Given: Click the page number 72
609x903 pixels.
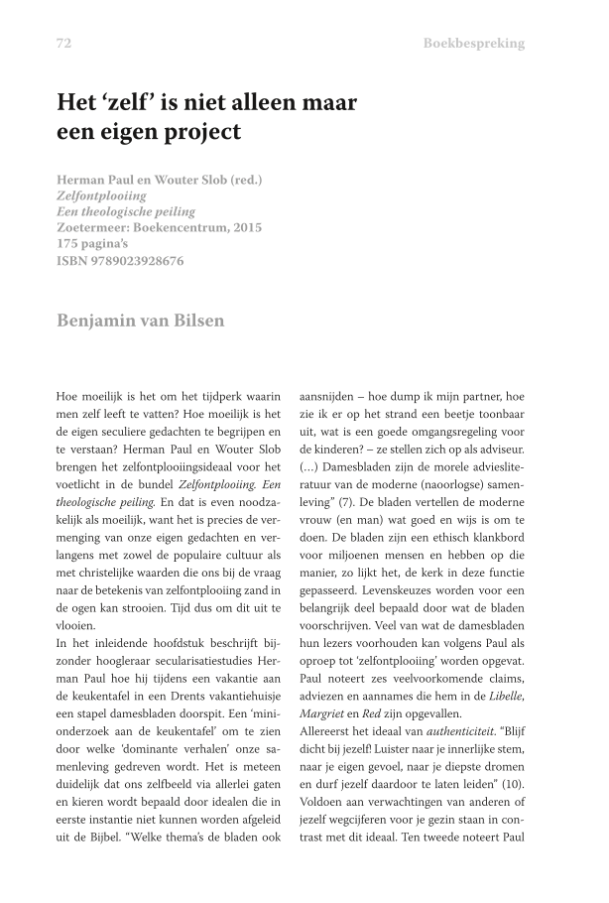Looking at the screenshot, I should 64,44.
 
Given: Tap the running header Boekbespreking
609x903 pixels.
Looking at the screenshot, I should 473,44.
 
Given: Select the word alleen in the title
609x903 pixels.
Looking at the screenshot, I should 251,102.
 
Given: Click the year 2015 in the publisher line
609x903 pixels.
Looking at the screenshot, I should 241,228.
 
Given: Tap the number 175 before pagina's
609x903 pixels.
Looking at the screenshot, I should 68,245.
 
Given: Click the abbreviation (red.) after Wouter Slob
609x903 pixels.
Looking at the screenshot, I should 239,181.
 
